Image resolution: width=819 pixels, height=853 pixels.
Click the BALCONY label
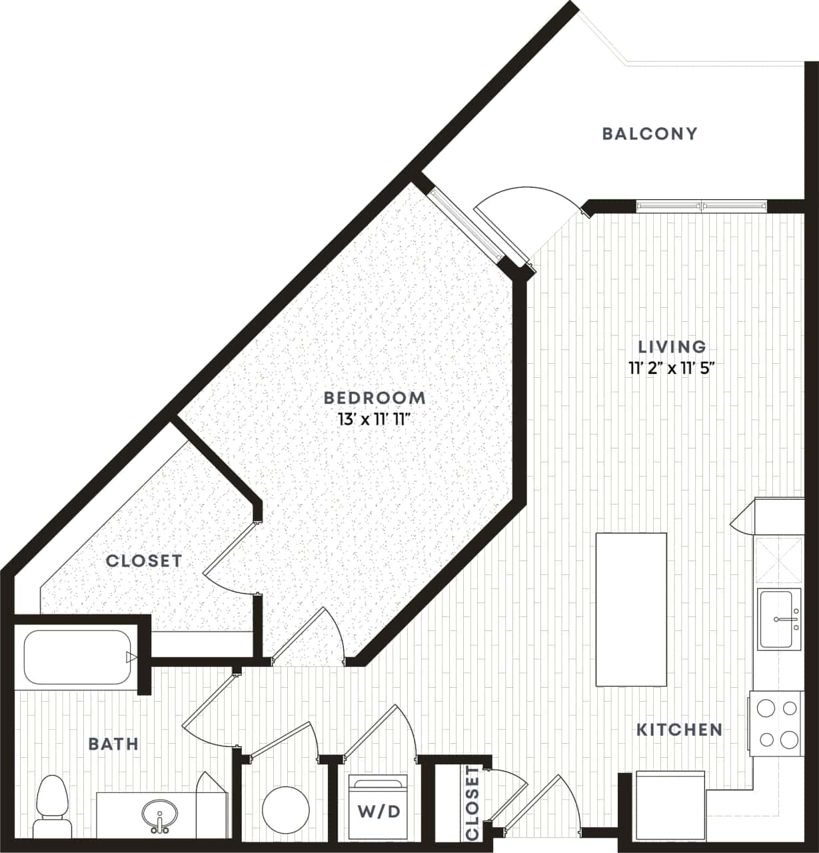tap(650, 133)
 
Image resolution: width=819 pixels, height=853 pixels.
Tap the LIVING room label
tap(672, 347)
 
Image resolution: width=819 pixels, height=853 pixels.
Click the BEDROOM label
tap(374, 398)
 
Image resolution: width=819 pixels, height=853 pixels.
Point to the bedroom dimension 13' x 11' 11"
tap(374, 419)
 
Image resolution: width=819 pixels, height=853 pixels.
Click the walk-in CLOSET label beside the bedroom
tap(144, 561)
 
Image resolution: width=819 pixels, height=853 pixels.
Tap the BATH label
tap(113, 744)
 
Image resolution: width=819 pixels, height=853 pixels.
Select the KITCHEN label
tap(679, 730)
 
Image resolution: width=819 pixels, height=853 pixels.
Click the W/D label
tap(379, 811)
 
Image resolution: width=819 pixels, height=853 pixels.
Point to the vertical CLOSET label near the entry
tap(472, 803)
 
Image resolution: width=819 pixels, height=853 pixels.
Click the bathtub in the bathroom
tap(77, 657)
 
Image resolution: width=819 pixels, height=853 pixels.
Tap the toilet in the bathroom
tap(53, 805)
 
